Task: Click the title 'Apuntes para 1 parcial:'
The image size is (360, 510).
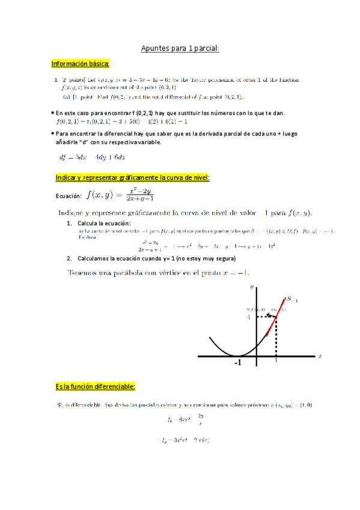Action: point(180,48)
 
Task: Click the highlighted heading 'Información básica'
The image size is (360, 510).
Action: point(80,64)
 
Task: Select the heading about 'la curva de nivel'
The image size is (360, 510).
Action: point(132,179)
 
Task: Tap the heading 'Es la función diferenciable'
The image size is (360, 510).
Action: point(95,386)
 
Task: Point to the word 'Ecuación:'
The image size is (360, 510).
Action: point(67,195)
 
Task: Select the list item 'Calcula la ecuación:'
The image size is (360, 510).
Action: point(103,224)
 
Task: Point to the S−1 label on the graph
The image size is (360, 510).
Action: point(293,298)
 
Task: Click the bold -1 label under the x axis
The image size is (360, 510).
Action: point(238,364)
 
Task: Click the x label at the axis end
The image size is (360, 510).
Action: point(320,356)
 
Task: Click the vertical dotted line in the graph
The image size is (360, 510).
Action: point(275,337)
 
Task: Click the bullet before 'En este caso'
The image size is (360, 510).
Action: point(52,113)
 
